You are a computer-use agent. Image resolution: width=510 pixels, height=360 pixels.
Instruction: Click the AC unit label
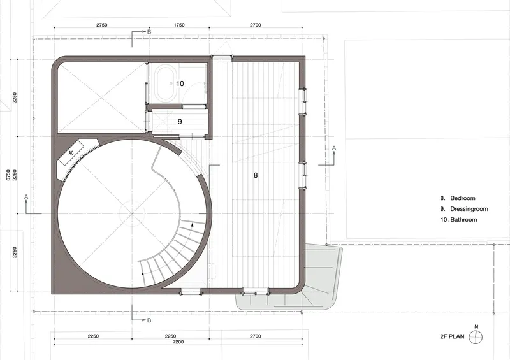click(71, 153)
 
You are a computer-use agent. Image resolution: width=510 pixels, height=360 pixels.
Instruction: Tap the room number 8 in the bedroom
click(256, 175)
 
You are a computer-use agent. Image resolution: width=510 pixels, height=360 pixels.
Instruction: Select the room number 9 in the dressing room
click(180, 122)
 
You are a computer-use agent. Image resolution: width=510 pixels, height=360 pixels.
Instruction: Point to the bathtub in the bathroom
click(166, 83)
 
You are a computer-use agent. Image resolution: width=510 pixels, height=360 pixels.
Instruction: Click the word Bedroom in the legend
click(463, 198)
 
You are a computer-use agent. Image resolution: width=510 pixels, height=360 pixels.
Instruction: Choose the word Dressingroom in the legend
click(469, 209)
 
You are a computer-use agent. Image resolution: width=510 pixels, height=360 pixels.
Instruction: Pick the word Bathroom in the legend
click(463, 220)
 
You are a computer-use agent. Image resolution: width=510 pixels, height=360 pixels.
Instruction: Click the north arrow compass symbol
click(476, 336)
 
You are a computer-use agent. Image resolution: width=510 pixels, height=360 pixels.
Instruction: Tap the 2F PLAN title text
click(452, 336)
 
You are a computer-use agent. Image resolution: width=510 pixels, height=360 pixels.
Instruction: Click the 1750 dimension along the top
click(179, 25)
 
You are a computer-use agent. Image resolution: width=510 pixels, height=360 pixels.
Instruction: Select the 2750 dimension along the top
click(102, 25)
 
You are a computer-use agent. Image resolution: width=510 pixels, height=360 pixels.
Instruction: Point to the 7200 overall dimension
click(178, 342)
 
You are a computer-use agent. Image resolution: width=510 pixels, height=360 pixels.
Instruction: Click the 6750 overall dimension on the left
click(9, 175)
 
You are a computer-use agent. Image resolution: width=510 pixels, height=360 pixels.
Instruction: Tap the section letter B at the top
click(149, 32)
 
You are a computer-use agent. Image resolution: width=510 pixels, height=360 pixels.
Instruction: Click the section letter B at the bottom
click(149, 320)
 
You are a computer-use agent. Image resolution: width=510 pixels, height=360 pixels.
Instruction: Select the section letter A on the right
click(333, 148)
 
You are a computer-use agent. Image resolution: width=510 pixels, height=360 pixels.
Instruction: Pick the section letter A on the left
click(26, 197)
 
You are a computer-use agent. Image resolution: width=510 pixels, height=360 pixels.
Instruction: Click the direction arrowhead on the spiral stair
click(193, 224)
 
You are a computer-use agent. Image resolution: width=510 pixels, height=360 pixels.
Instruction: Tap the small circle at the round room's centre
click(132, 213)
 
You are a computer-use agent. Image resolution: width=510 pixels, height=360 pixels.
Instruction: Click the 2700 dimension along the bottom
click(256, 336)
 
